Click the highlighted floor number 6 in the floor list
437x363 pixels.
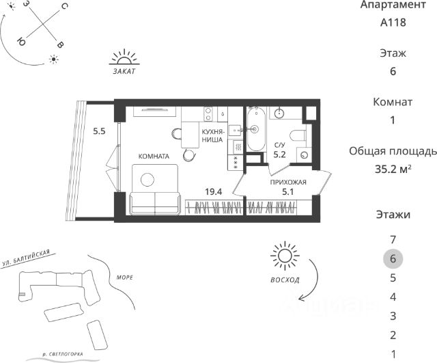click(393, 258)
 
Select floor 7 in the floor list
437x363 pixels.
click(393, 239)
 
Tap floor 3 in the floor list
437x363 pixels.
click(393, 316)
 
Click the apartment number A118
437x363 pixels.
click(393, 23)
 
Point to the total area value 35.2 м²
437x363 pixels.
click(393, 169)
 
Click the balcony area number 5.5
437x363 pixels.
click(99, 131)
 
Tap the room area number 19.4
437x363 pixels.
click(214, 191)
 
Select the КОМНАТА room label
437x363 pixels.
click(154, 157)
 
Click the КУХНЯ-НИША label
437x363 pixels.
click(212, 135)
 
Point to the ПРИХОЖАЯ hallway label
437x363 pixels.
click(288, 183)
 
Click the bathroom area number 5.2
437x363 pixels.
click(279, 154)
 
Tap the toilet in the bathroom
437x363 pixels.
click(298, 135)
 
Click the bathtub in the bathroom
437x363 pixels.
click(257, 129)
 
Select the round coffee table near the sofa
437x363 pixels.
click(147, 180)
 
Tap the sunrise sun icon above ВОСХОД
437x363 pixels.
click(285, 256)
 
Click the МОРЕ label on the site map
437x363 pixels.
click(124, 278)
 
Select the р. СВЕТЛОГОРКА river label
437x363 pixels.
click(63, 354)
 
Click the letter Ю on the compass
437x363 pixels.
click(21, 41)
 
